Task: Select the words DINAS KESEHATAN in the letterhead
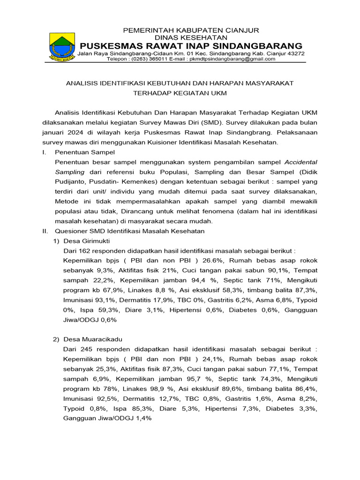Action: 191,37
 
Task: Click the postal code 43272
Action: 295,53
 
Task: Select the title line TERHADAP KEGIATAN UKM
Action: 180,93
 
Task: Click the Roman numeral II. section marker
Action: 45,231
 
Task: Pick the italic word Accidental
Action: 301,162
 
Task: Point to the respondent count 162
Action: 85,251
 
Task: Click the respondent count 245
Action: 85,349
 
